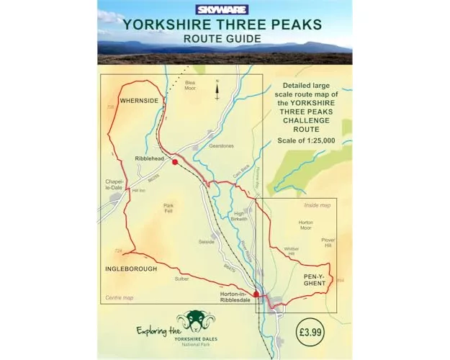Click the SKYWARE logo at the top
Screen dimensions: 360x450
point(225,10)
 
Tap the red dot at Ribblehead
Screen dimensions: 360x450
point(175,163)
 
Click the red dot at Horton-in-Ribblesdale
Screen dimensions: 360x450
point(236,294)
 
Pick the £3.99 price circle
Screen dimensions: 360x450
point(314,332)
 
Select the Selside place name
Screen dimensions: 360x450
point(207,242)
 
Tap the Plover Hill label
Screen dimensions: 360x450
point(328,243)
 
